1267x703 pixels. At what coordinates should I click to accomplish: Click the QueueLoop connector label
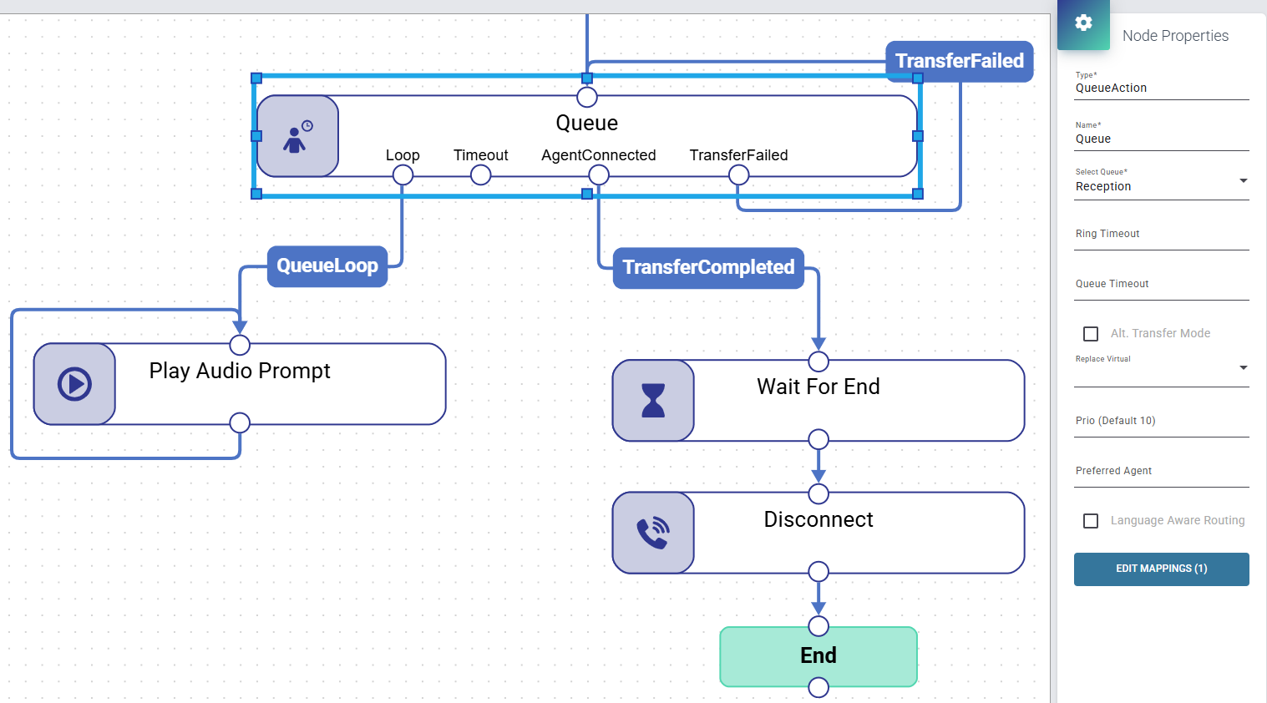327,266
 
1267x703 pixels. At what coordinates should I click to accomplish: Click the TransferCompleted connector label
708,267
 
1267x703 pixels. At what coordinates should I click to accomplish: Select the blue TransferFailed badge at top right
960,61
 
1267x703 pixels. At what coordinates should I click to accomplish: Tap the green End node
818,656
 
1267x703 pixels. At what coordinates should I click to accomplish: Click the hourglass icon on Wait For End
653,401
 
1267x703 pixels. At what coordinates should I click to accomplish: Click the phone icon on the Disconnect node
653,533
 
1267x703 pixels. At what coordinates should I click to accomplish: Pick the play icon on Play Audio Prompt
74,385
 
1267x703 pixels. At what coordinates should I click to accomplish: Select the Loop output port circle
403,175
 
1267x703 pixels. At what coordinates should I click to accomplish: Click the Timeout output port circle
480,175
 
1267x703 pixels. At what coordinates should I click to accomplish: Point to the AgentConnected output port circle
599,175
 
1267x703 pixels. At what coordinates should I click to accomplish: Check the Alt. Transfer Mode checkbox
1091,334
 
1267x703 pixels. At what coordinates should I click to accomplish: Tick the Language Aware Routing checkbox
1091,521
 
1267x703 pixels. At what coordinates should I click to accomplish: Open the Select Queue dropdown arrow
1244,181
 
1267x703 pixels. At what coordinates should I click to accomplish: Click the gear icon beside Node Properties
1083,23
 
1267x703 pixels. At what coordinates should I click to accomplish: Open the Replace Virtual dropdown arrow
1244,367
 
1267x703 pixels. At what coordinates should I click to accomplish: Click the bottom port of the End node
818,688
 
